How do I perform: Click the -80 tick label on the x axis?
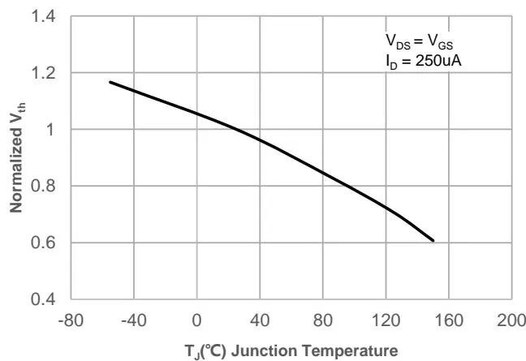(71, 319)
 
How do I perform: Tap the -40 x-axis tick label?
(134, 319)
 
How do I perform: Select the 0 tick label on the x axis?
(197, 319)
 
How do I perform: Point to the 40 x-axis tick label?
(261, 319)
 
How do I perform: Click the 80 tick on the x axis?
(323, 319)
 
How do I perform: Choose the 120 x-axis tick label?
(386, 319)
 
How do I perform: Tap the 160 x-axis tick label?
(450, 319)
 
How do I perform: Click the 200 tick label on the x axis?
(512, 319)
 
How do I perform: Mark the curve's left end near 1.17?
(110, 82)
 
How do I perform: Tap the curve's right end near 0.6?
(433, 241)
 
